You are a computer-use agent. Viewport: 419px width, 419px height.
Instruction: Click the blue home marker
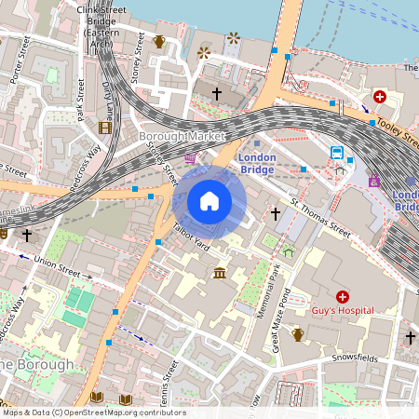click(209, 201)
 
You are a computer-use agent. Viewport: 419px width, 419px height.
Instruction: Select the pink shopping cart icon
click(191, 160)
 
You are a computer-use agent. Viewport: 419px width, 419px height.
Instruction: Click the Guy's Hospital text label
click(343, 310)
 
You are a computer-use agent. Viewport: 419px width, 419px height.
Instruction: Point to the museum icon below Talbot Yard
click(220, 272)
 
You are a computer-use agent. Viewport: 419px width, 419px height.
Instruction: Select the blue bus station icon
click(336, 153)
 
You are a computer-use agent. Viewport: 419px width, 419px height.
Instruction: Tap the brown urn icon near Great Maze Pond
click(298, 333)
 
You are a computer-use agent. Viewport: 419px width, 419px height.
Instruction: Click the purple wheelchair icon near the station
click(374, 182)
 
